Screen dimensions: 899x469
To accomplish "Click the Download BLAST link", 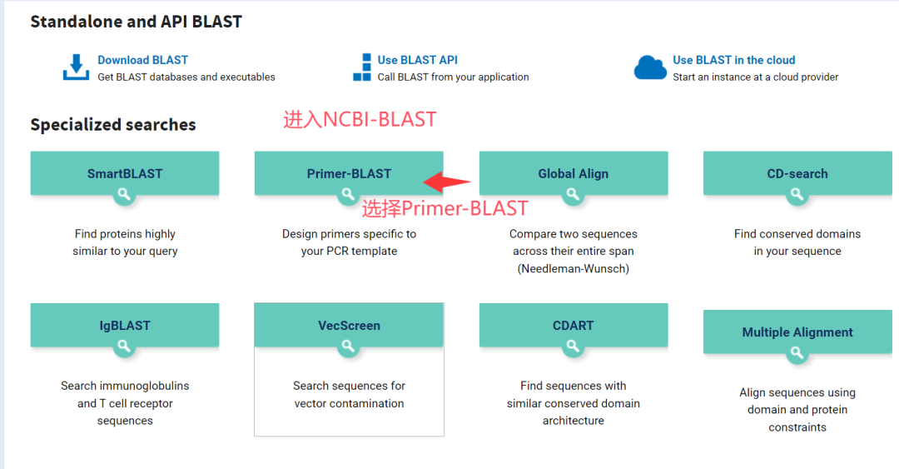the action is (x=143, y=60).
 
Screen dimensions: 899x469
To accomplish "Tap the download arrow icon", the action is (x=76, y=67).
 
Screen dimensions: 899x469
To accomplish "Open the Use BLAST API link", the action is (x=417, y=60).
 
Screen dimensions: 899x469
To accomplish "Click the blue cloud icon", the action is (x=650, y=67).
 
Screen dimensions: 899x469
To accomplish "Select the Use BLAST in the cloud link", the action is (x=734, y=60).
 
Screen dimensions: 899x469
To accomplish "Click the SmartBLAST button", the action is (x=125, y=173).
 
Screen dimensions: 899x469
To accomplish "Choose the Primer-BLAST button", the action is (x=349, y=173).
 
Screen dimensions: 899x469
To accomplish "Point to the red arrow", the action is (x=447, y=182).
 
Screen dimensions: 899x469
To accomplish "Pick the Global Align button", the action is (x=574, y=173).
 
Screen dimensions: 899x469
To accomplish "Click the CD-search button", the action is (x=797, y=173).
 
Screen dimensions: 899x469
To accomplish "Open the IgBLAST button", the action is (x=125, y=325).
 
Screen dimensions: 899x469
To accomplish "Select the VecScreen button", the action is (x=349, y=325).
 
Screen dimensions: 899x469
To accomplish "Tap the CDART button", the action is (x=574, y=325).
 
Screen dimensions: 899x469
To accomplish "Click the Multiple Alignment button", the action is (x=797, y=332).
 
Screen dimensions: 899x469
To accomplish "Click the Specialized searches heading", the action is (x=113, y=125).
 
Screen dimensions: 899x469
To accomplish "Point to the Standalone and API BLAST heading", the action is (x=136, y=22).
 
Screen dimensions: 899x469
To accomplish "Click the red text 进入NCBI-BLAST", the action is (x=360, y=119).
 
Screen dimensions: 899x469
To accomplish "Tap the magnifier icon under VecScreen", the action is (x=348, y=347).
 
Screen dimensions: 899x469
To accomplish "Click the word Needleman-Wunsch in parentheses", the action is (x=574, y=269).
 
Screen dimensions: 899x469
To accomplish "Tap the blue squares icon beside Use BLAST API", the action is (x=362, y=67).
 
